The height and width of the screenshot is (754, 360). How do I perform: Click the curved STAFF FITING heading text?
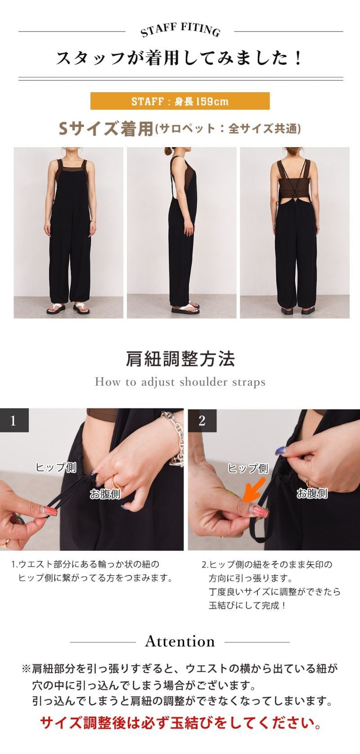(180, 30)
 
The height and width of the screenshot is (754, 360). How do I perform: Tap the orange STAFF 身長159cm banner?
(180, 101)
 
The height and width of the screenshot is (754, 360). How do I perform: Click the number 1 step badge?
(14, 421)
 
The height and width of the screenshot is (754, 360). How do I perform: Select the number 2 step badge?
(202, 421)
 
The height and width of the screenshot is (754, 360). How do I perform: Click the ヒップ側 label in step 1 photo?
(56, 467)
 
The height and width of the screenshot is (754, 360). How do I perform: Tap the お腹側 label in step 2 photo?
(312, 494)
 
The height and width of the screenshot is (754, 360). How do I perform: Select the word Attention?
(180, 642)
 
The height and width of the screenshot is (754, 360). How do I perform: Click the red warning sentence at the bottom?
(180, 723)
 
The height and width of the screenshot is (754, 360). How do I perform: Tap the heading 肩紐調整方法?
(180, 359)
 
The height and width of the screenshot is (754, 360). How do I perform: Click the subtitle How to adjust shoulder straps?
(180, 382)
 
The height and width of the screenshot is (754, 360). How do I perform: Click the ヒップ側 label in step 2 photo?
(248, 468)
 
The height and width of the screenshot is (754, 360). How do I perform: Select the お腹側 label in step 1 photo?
(105, 494)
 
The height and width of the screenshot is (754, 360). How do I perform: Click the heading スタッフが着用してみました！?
(180, 58)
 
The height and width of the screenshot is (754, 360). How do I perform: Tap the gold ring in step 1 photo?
(116, 480)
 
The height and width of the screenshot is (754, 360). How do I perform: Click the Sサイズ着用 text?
(106, 129)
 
